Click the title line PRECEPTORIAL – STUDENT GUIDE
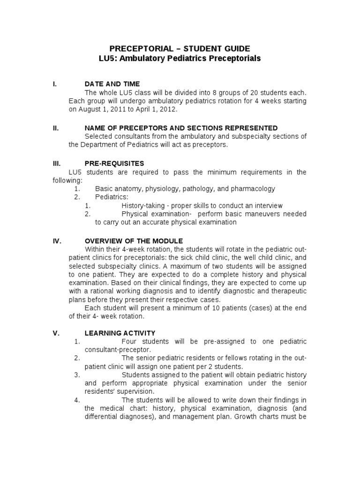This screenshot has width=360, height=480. click(x=180, y=48)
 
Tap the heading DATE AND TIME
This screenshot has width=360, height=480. click(x=112, y=84)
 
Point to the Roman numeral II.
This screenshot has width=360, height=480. click(x=55, y=128)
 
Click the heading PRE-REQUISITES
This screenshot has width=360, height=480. click(x=114, y=164)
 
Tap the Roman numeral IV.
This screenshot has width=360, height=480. click(x=56, y=240)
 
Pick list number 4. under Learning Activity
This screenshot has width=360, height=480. click(x=77, y=400)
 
